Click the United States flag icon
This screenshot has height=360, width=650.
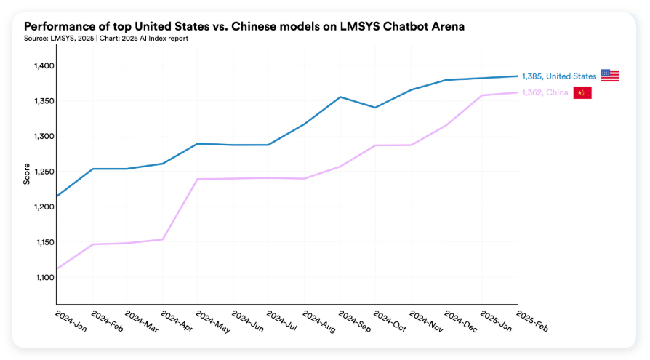pos(610,76)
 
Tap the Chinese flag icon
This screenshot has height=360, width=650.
pos(582,92)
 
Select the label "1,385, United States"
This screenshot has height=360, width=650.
pos(559,76)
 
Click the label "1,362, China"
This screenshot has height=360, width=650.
pos(545,92)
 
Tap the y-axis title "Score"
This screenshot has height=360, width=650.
pos(27,173)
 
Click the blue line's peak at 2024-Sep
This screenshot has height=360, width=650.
pos(340,97)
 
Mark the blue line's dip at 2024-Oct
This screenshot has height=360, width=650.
pos(375,108)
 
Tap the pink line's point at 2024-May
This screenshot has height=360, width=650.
pos(198,179)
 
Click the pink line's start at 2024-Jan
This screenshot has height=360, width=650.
pos(57,269)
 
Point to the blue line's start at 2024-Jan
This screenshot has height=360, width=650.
pos(57,196)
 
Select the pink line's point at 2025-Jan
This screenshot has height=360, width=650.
pos(482,95)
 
